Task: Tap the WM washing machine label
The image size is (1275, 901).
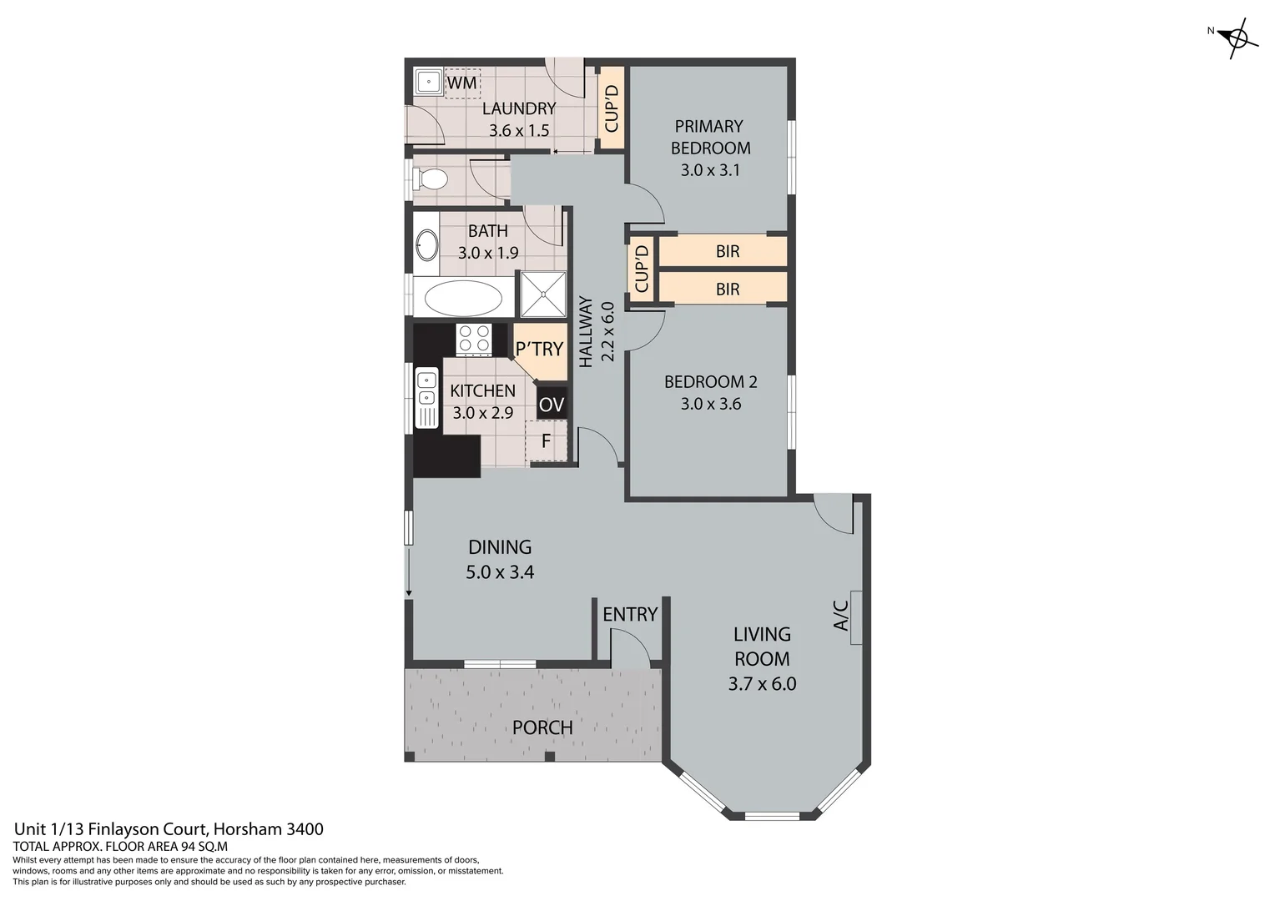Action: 461,83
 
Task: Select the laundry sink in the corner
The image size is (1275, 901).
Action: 429,82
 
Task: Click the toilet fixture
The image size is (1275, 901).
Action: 431,179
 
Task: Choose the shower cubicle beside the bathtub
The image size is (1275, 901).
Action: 543,294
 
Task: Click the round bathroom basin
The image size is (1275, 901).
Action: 427,246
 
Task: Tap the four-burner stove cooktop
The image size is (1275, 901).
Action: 474,340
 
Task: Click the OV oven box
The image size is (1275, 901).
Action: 552,405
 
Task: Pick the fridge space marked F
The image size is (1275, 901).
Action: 547,441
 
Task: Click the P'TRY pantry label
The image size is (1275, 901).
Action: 539,349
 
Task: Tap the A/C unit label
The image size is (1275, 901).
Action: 842,616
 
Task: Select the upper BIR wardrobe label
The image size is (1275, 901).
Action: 727,251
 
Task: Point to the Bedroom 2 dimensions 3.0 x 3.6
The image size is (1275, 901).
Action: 710,404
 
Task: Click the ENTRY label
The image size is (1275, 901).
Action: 630,614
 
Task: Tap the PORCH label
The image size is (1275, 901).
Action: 542,727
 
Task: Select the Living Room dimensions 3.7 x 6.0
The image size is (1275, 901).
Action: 762,684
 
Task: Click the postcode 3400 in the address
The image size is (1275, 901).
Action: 305,829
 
